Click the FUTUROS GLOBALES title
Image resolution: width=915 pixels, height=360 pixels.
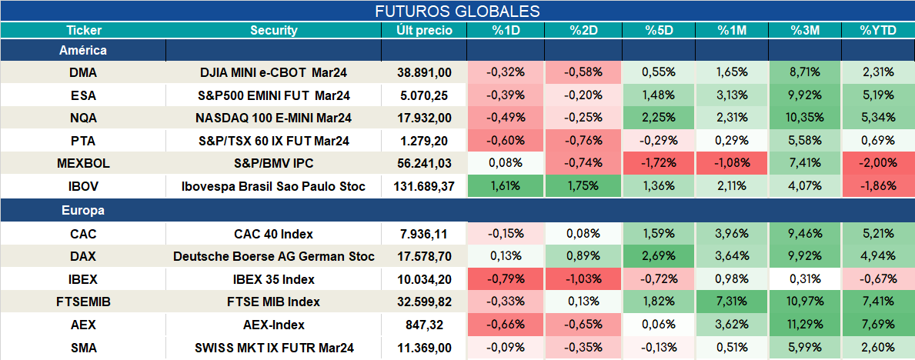pos(457,11)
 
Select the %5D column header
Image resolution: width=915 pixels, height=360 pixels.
pos(659,31)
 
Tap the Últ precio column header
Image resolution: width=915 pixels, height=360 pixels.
pos(424,31)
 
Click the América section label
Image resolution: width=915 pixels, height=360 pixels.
pos(83,51)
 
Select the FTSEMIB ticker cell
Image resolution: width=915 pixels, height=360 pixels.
pos(83,302)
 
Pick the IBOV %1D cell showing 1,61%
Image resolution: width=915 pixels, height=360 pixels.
pos(506,187)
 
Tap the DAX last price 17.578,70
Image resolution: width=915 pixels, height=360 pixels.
pos(424,257)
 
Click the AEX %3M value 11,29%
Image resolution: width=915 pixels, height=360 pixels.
pos(805,325)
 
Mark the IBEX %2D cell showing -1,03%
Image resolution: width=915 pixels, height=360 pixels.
pos(583,279)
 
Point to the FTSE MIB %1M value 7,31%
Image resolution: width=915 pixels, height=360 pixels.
pos(732,302)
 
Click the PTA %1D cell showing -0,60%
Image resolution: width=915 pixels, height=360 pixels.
pos(506,142)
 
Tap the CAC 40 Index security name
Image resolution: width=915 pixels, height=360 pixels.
pos(274,235)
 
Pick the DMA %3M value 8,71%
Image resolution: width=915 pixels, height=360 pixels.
pos(805,73)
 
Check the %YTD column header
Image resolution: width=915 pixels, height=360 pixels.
pos(877,31)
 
